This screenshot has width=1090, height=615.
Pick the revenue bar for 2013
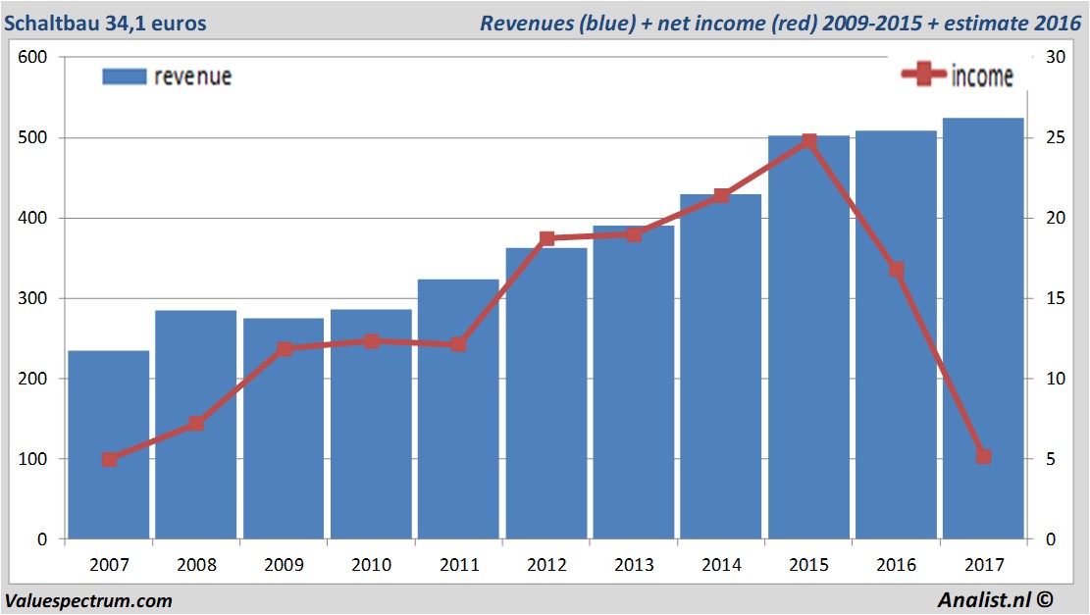coord(634,383)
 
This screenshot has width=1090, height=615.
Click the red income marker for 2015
coord(808,142)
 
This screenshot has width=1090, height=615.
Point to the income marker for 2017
coord(984,457)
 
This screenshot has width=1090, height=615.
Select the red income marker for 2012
coord(546,239)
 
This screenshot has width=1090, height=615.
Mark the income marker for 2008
coord(196,424)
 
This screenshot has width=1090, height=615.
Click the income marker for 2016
coord(896,270)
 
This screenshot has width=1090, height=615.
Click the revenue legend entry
coord(168,77)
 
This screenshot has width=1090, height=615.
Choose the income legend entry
coord(958,76)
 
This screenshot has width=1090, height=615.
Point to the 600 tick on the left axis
coord(34,58)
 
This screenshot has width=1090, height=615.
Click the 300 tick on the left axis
coord(34,299)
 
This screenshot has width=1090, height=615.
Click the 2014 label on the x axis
coord(721,566)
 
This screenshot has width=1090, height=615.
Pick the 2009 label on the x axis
coord(284,566)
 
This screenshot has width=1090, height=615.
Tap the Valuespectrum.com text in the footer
coord(89,600)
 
